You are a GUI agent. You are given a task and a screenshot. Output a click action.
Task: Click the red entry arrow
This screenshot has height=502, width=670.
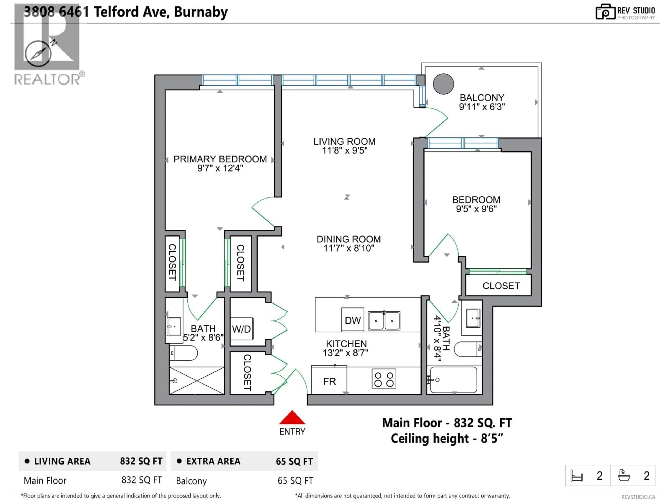tap(292, 418)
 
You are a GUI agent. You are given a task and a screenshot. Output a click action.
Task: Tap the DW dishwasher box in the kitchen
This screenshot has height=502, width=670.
tap(353, 320)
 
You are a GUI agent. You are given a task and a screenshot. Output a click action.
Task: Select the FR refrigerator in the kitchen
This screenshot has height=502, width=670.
tap(329, 381)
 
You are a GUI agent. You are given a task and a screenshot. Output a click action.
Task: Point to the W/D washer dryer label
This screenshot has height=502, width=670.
tap(241, 329)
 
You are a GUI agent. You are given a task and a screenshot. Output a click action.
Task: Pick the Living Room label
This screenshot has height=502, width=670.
tap(344, 141)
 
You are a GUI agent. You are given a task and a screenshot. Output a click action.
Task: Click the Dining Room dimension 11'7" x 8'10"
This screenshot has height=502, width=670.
tap(349, 248)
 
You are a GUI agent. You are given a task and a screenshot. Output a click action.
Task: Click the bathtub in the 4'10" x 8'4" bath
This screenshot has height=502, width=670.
tap(453, 380)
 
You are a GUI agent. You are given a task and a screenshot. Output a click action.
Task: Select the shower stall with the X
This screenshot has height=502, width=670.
tap(197, 380)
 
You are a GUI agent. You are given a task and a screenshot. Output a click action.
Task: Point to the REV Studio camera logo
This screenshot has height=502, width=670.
tap(605, 12)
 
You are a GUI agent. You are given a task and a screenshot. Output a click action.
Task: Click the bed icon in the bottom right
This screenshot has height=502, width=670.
tap(576, 476)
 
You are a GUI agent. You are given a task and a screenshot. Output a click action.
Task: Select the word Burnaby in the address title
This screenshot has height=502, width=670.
tap(201, 12)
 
